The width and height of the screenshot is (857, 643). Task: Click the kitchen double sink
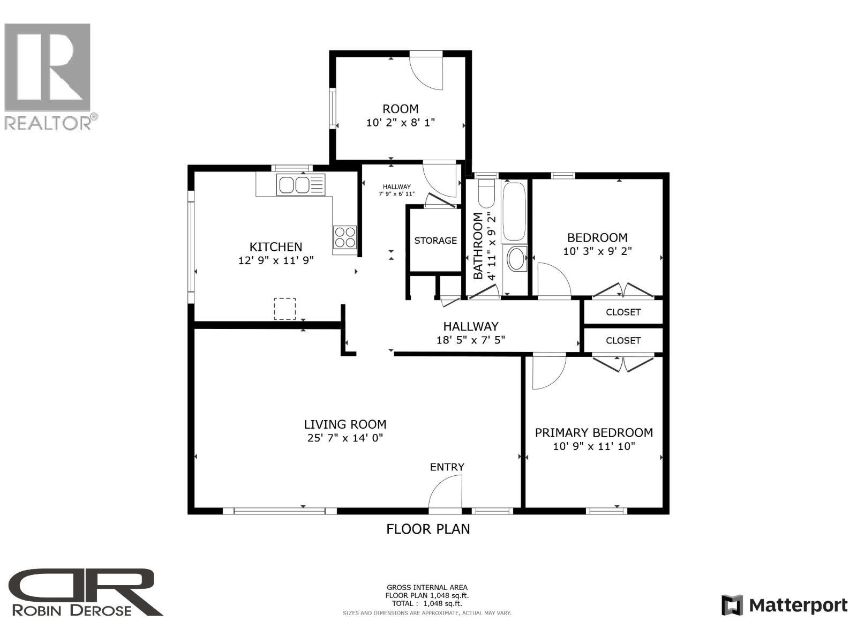point(294,185)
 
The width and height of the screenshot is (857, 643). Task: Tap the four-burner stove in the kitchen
point(345,237)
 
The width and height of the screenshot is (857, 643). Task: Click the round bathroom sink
point(517,259)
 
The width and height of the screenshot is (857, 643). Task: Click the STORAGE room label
point(435,241)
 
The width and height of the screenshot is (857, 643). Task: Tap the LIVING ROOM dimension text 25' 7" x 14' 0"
point(345,438)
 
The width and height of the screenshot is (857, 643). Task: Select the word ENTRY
point(447,467)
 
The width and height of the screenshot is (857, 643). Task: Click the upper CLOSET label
point(623,312)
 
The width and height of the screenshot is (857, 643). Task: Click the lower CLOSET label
point(623,340)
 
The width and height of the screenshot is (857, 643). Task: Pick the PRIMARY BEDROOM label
point(593,432)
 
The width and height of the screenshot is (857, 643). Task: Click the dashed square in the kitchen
point(285,309)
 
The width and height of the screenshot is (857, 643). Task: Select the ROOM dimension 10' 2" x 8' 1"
point(401,123)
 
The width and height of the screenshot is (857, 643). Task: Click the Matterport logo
point(785,605)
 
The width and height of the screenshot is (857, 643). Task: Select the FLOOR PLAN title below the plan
point(428,529)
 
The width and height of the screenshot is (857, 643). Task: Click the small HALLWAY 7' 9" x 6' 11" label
point(397,190)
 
